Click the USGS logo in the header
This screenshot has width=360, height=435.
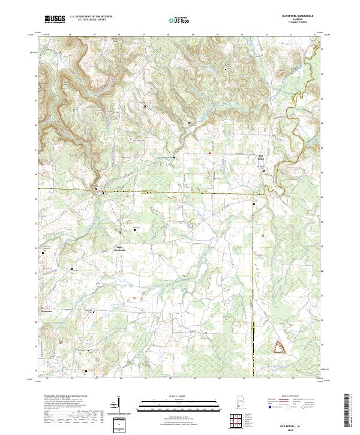(x=55, y=19)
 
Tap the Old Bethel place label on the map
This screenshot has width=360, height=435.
(x=262, y=159)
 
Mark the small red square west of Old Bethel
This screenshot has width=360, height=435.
(x=209, y=153)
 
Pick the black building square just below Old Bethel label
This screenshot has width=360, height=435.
(x=263, y=170)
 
